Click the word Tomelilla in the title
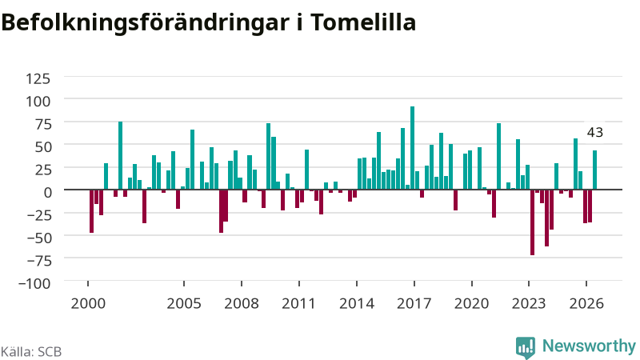click(363, 22)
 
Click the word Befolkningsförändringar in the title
click(146, 24)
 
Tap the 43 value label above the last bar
click(594, 132)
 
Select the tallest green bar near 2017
click(412, 148)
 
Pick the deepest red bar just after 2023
click(532, 222)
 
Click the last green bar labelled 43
click(594, 170)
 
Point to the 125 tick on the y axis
click(38, 78)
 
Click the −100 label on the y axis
click(34, 283)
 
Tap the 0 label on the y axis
click(47, 192)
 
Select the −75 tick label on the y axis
click(39, 260)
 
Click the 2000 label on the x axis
click(88, 303)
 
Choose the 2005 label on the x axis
click(184, 303)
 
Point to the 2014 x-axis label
click(357, 303)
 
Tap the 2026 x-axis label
click(586, 303)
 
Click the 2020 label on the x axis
click(472, 303)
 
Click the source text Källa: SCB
click(31, 351)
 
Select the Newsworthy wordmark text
click(589, 346)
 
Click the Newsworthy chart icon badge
click(526, 347)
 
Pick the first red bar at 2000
click(91, 211)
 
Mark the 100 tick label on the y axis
click(38, 101)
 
